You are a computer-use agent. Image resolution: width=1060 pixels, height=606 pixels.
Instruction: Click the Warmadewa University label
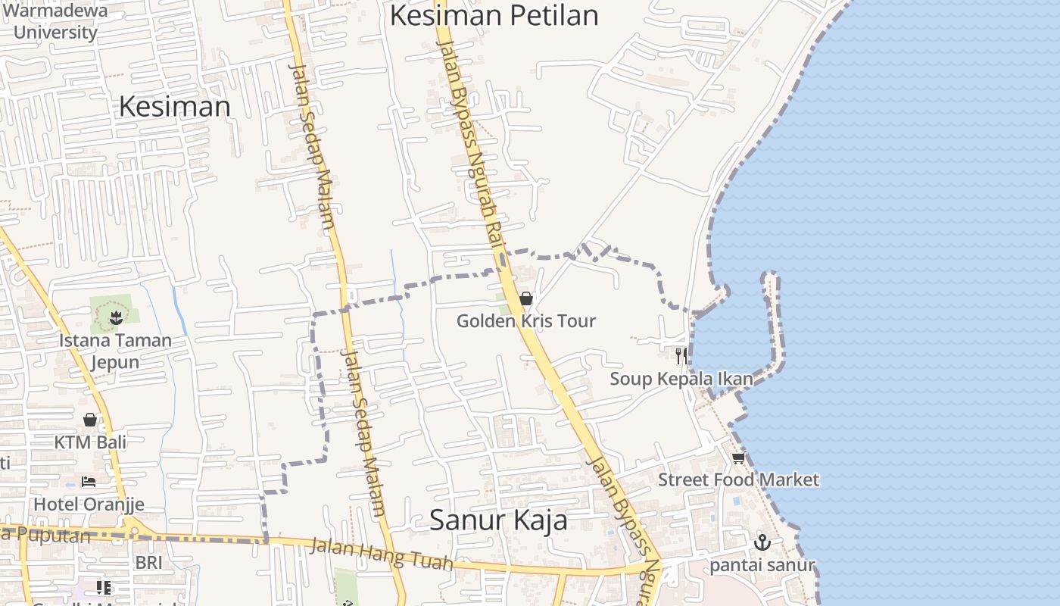55,21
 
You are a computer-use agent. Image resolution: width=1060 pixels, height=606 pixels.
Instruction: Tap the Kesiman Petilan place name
494,15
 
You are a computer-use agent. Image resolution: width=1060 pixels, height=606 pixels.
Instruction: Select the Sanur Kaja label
498,520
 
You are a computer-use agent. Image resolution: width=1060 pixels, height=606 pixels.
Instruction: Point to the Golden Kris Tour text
526,321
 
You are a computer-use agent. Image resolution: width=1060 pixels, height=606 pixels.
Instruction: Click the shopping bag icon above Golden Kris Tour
526,298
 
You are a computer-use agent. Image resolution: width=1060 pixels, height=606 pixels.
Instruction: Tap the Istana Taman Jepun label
115,351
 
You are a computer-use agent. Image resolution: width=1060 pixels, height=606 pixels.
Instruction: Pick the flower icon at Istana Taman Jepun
115,317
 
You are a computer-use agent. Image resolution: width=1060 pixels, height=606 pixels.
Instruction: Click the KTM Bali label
90,442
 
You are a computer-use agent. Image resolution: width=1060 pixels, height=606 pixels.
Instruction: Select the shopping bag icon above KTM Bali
90,420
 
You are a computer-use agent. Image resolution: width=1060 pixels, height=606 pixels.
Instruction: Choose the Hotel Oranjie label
89,504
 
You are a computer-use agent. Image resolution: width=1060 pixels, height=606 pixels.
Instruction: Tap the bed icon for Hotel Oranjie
89,482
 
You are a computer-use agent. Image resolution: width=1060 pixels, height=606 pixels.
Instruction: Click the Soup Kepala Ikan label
681,379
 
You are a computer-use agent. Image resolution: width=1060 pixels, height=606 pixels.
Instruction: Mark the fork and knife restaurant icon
681,355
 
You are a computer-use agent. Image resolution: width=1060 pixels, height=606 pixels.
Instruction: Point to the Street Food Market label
738,479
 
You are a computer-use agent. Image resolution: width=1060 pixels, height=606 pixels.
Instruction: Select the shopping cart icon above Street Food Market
738,458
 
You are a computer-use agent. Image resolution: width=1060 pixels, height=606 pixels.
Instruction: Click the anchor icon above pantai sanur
762,542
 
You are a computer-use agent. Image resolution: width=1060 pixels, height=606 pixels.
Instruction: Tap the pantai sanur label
762,565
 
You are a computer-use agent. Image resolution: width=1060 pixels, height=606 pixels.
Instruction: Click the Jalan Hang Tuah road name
382,554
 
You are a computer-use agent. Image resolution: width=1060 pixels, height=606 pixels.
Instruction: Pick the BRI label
149,563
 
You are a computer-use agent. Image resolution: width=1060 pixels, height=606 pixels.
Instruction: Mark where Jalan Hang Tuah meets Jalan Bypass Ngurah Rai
656,564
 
